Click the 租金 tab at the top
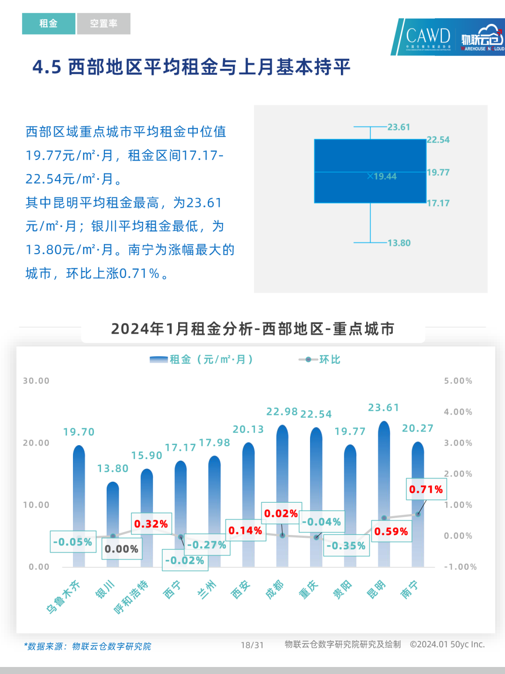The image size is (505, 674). (x=48, y=23)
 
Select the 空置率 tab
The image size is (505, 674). (x=103, y=23)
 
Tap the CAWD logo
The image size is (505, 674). (x=427, y=37)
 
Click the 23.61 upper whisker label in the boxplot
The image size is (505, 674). (x=398, y=127)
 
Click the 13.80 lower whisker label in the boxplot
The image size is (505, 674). (x=399, y=243)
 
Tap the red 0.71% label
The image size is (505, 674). (x=426, y=490)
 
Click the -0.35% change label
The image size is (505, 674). (x=346, y=546)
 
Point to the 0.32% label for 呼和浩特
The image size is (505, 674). (x=151, y=524)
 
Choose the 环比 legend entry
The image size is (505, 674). (x=320, y=359)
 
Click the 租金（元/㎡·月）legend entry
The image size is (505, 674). (x=201, y=359)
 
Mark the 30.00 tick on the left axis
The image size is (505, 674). (x=36, y=381)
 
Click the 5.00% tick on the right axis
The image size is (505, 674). (x=458, y=381)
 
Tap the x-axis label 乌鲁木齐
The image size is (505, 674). (x=63, y=596)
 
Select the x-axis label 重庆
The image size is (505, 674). (x=308, y=590)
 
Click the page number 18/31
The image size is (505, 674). (x=252, y=645)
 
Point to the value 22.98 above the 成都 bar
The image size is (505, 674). (x=282, y=412)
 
